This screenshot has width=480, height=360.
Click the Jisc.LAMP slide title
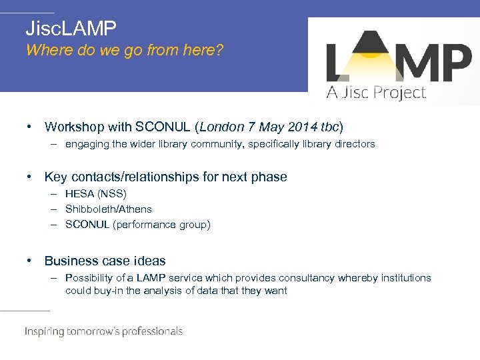tap(71, 29)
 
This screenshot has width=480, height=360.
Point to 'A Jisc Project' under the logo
tap(375, 93)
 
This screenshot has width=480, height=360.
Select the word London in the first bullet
tap(222, 127)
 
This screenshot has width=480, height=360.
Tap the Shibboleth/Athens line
tap(108, 209)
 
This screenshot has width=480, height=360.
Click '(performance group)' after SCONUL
tap(161, 225)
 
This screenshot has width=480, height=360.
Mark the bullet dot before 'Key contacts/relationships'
tap(30, 177)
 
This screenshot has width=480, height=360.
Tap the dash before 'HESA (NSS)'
tap(53, 194)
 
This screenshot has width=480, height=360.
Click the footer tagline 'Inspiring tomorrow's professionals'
tap(103, 331)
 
